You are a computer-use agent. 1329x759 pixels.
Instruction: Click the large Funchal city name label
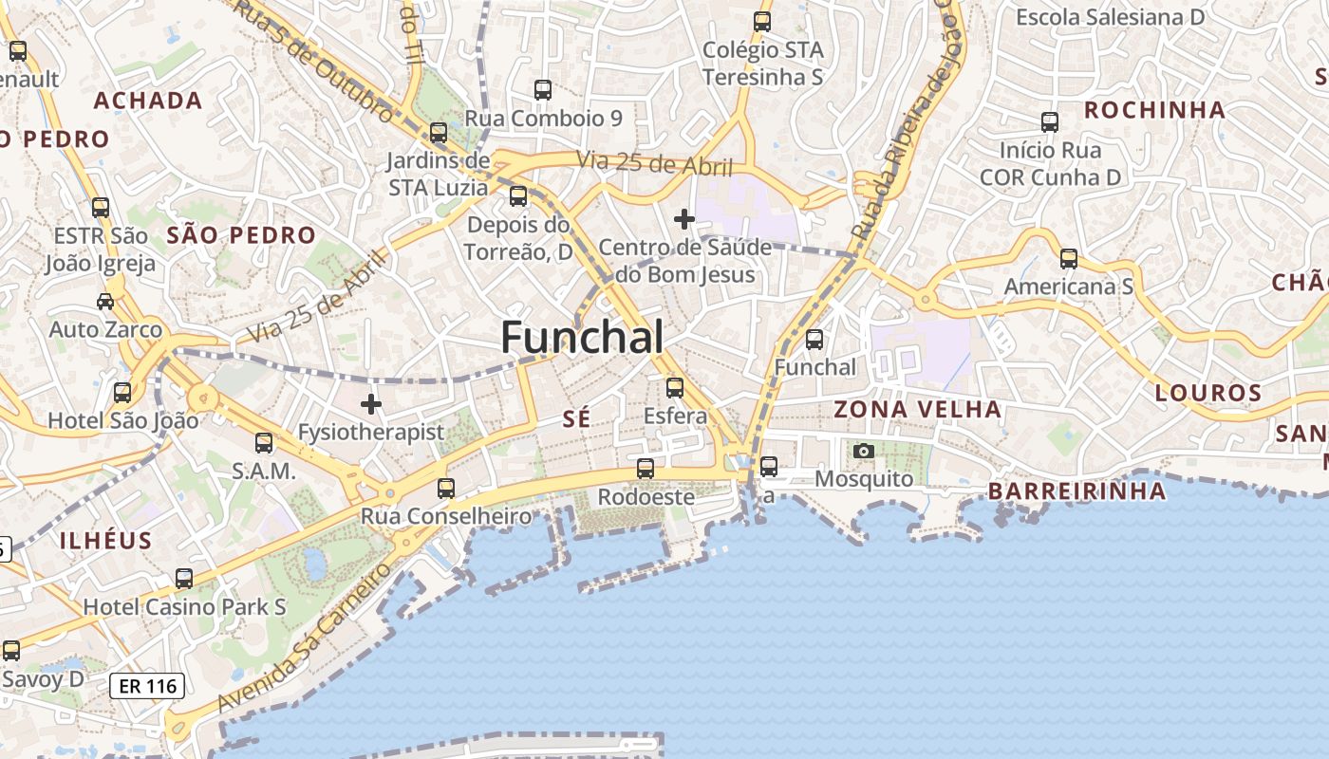582,337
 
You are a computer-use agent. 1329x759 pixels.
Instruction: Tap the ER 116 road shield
146,686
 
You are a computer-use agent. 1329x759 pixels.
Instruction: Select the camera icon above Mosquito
863,452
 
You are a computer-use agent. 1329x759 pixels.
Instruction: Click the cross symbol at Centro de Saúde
683,219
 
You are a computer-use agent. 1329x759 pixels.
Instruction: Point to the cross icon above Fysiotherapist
370,405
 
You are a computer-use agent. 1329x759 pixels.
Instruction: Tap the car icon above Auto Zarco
105,302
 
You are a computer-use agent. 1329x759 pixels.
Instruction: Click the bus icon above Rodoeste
646,468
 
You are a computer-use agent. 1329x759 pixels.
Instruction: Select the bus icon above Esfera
675,387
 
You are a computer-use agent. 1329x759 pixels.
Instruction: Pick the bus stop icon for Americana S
1069,258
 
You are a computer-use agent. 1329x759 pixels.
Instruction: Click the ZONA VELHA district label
917,410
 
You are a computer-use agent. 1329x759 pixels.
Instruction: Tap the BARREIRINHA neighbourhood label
1076,491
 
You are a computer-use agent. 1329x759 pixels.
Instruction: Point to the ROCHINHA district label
1154,110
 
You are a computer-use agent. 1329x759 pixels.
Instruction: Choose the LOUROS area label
1208,393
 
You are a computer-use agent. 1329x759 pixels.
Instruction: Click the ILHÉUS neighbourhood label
105,541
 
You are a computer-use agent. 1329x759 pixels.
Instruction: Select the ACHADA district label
148,101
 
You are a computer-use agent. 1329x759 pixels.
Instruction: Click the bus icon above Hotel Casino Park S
184,578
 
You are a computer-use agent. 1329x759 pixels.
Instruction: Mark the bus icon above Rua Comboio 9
543,90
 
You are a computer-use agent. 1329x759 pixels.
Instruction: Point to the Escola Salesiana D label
1109,17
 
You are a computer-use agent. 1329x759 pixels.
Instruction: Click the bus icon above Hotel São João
122,392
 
